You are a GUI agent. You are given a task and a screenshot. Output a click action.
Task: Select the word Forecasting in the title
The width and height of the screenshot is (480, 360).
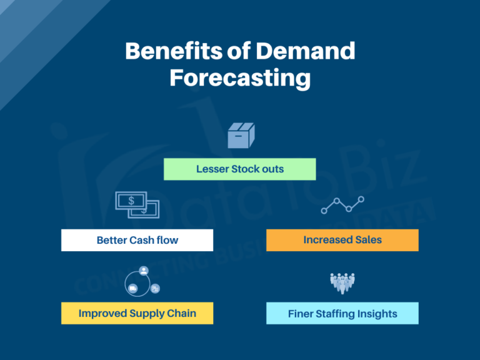(240, 78)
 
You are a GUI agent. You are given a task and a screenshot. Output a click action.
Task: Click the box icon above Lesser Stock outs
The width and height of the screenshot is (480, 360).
(240, 135)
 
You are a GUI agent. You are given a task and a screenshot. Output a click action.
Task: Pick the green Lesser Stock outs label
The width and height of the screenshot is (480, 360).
(240, 169)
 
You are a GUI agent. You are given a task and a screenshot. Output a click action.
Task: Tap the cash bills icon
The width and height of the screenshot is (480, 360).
(137, 205)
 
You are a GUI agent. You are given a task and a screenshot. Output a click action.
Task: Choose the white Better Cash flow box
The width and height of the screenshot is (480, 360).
(137, 240)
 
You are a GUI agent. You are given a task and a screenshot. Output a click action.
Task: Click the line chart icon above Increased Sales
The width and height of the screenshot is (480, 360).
(342, 205)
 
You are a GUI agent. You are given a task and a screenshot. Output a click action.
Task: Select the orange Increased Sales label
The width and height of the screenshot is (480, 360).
(342, 240)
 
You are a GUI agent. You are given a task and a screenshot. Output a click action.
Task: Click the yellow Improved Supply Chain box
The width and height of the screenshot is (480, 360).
(137, 313)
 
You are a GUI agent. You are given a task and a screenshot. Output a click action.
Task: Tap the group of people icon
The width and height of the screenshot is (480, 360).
(342, 282)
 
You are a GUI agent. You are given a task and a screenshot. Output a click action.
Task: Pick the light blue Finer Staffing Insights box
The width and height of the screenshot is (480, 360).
(342, 314)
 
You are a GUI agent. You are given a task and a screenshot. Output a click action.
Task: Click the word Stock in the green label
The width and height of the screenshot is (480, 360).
(247, 169)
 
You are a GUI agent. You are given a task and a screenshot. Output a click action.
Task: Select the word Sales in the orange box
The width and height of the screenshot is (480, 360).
(367, 240)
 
